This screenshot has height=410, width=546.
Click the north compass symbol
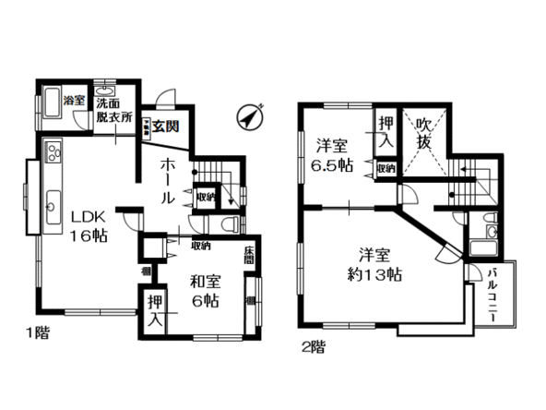coord(251,118)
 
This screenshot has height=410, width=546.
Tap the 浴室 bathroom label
coord(76,101)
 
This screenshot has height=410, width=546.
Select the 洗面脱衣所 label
coord(115,112)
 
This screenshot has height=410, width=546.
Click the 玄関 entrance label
coord(167,127)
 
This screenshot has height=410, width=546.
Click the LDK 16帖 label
coord(89,225)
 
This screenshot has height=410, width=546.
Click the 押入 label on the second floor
coord(385,133)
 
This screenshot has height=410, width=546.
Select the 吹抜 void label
coord(424,135)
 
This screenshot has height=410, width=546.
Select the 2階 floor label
coord(313,347)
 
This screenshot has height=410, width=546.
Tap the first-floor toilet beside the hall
coord(229,225)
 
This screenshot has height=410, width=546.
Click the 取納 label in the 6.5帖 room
coord(386,169)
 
